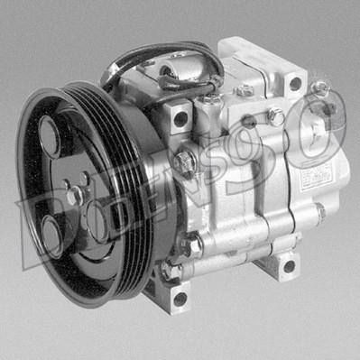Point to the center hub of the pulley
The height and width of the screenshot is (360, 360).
click(x=74, y=192)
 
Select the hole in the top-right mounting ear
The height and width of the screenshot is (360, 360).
click(x=294, y=83)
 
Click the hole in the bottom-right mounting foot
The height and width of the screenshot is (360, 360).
click(x=289, y=265)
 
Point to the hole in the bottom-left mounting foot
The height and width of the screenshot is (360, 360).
click(x=180, y=298)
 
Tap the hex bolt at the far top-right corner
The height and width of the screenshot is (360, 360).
click(x=320, y=88)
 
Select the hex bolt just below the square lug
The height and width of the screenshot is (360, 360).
click(x=184, y=163)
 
